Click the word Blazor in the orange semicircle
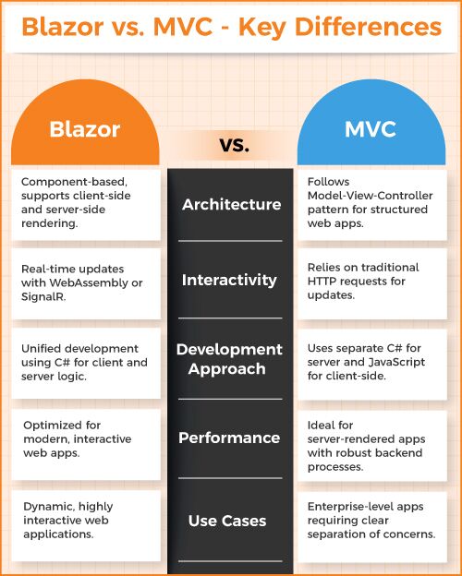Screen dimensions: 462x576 85,129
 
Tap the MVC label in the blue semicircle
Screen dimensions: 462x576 370,129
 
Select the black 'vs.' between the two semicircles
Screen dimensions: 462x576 235,145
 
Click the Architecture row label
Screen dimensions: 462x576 231,204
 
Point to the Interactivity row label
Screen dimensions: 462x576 229,280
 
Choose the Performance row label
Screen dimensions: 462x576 229,438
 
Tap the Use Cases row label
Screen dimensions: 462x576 227,521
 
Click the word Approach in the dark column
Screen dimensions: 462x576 226,369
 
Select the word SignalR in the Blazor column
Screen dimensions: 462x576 43,296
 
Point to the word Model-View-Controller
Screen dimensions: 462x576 370,196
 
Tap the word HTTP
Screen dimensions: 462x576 322,282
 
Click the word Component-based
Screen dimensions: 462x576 74,182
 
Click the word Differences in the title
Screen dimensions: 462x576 368,27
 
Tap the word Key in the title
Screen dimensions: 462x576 262,28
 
